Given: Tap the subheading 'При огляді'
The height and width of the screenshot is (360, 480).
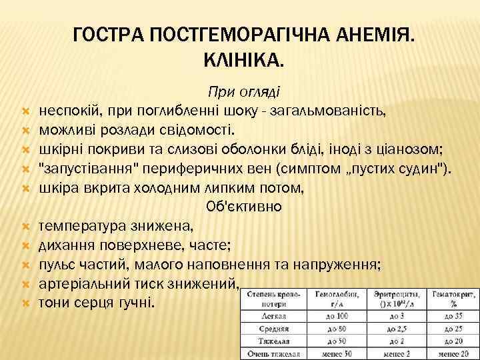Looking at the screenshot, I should click(244, 91).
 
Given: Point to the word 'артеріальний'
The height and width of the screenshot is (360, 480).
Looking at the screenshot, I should click(83, 285).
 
